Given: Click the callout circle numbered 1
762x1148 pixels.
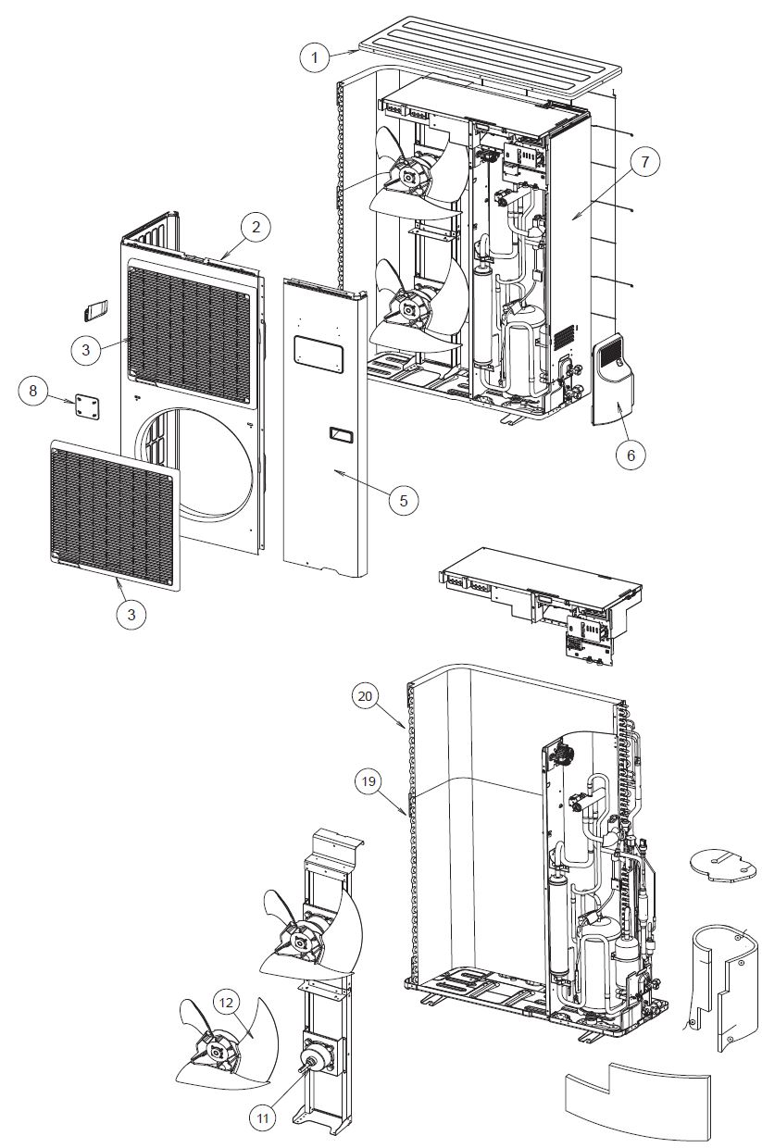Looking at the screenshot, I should click(315, 56).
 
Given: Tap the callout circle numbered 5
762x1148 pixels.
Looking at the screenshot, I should click(403, 500).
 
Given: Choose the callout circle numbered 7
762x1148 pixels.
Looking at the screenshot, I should click(645, 161).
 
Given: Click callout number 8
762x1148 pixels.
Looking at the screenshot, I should click(33, 392).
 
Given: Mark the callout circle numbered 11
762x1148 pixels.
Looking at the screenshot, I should click(263, 1117).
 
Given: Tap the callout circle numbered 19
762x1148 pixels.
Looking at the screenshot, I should click(369, 780).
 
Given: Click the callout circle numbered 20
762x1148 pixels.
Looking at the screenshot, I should click(367, 696).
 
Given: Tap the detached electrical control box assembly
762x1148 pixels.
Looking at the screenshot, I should click(537, 593).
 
